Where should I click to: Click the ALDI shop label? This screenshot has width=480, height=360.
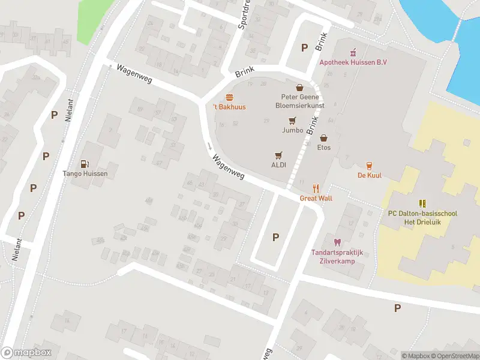tap(278, 165)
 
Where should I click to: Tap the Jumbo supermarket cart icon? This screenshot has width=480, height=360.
tap(292, 119)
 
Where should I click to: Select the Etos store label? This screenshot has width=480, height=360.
tap(324, 147)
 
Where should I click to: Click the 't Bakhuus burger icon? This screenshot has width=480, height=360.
tap(229, 97)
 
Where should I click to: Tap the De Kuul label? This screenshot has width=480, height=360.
tap(370, 175)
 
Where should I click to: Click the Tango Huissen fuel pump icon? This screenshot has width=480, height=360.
tap(86, 164)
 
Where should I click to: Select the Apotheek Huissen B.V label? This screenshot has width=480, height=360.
tap(353, 62)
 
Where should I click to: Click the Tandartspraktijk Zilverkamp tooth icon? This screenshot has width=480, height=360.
tap(337, 242)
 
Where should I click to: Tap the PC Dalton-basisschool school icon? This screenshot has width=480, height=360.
tap(422, 203)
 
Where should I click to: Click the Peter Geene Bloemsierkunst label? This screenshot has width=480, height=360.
tap(299, 100)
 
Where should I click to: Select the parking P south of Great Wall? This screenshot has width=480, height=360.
tap(276, 237)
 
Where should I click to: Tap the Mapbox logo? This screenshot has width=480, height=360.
tap(26, 353)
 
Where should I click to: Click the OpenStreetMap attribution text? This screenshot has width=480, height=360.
tap(453, 356)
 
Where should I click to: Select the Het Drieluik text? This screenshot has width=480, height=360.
tap(422, 223)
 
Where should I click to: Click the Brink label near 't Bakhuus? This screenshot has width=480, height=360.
tap(245, 72)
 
